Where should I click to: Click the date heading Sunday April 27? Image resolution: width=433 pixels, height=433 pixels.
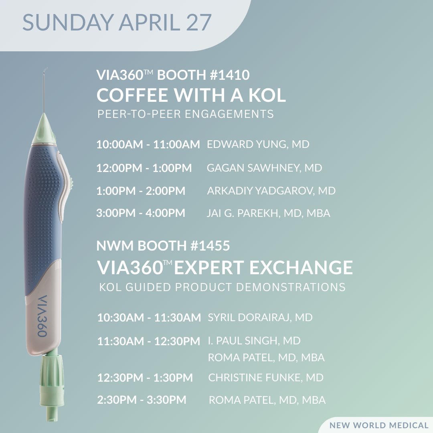coord(117,23)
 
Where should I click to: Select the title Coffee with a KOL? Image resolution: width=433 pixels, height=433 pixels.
coord(191,95)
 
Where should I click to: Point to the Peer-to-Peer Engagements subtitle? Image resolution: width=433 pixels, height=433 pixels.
coord(186,114)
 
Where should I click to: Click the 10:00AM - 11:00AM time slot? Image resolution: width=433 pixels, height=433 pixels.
coord(148,145)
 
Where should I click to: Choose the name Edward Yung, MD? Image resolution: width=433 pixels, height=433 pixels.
coord(258,144)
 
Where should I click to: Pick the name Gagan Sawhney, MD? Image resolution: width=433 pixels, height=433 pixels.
coord(264,168)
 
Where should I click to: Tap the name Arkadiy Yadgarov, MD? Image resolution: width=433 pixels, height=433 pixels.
coord(271,191)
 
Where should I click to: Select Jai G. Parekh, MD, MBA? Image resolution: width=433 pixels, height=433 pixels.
coord(269,213)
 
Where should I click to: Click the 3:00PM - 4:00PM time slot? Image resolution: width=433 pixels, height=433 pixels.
coord(141,213)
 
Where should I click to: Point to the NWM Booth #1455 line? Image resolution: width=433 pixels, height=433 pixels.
coord(163,245)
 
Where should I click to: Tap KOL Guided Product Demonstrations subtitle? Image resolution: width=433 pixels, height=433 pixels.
coord(222,287)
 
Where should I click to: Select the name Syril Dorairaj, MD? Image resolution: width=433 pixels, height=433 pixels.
coord(260,318)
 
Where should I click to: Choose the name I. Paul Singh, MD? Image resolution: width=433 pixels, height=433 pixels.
coord(254,341)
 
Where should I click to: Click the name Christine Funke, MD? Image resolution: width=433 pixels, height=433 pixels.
coord(266,377)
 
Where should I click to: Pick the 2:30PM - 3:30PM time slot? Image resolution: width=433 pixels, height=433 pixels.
coord(142,400)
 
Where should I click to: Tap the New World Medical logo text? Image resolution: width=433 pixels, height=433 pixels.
coord(378,425)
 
